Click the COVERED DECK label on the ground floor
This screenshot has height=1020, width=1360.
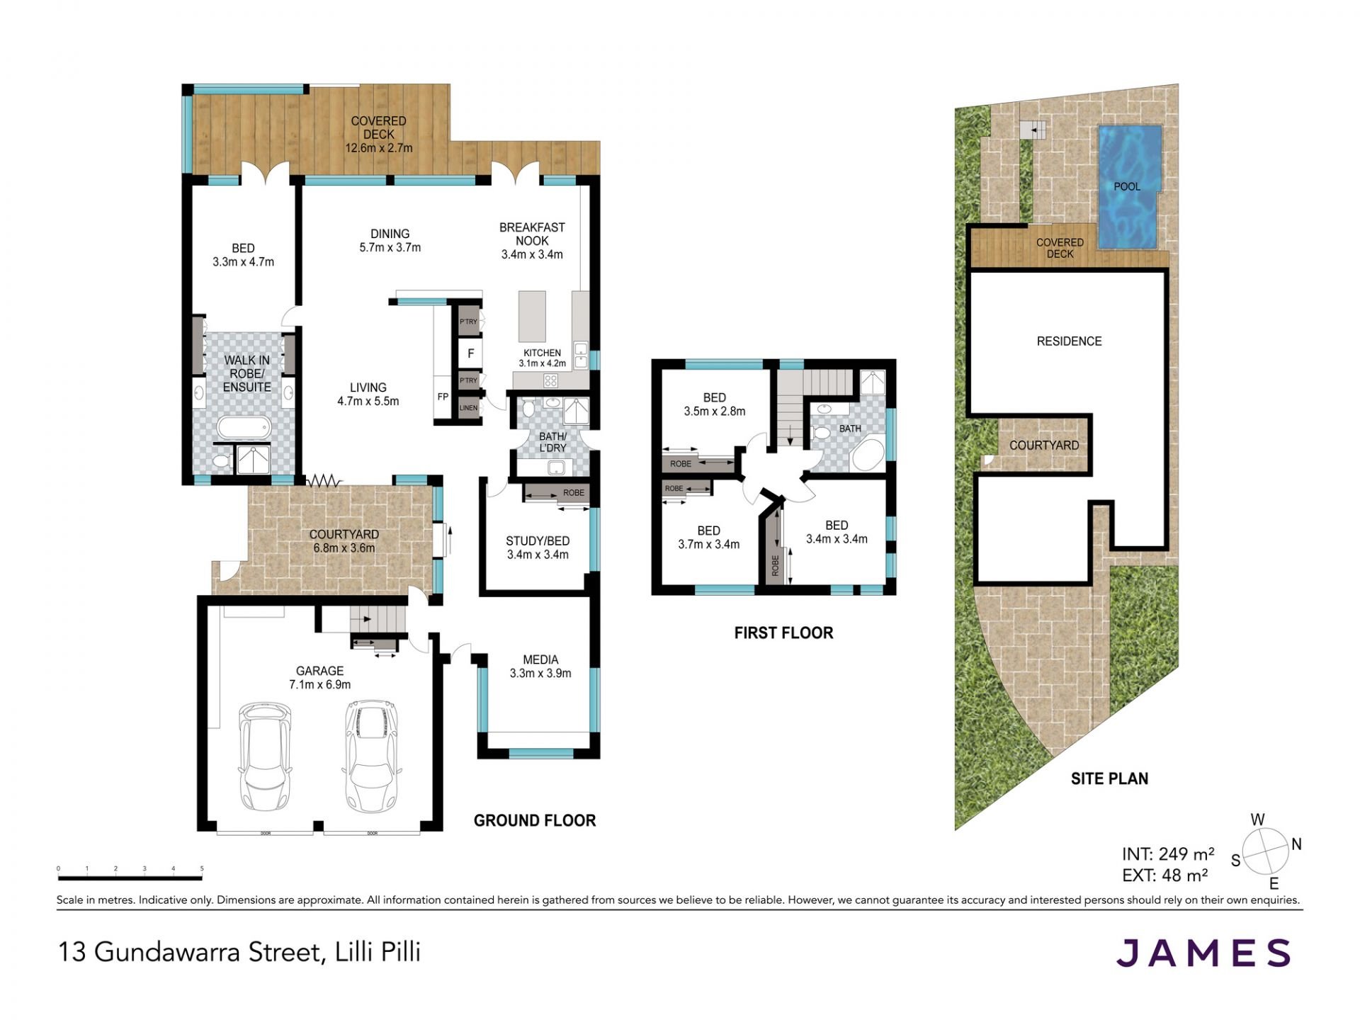pyautogui.click(x=379, y=127)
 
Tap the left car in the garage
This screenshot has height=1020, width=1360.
pyautogui.click(x=265, y=757)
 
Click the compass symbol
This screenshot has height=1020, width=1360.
pyautogui.click(x=1265, y=851)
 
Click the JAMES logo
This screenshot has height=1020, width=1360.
pyautogui.click(x=1203, y=953)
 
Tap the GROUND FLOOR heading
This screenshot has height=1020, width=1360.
pyautogui.click(x=535, y=820)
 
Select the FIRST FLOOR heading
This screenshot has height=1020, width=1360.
pyautogui.click(x=783, y=633)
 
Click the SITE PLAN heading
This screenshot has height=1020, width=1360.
pyautogui.click(x=1109, y=778)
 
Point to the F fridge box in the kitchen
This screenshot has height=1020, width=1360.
pyautogui.click(x=470, y=353)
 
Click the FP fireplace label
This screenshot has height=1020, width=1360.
pyautogui.click(x=443, y=397)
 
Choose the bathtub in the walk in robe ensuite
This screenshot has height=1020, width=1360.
pyautogui.click(x=244, y=428)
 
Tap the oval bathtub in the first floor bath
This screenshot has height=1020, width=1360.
pyautogui.click(x=868, y=456)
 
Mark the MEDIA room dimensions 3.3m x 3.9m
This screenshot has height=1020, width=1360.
pyautogui.click(x=540, y=673)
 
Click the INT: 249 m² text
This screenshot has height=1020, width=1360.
pyautogui.click(x=1168, y=854)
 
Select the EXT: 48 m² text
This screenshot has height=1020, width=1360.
pyautogui.click(x=1165, y=875)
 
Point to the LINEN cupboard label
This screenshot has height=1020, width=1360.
pyautogui.click(x=468, y=408)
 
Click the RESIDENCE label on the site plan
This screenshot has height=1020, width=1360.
pyautogui.click(x=1069, y=341)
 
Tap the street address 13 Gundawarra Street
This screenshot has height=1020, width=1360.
pyautogui.click(x=190, y=952)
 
